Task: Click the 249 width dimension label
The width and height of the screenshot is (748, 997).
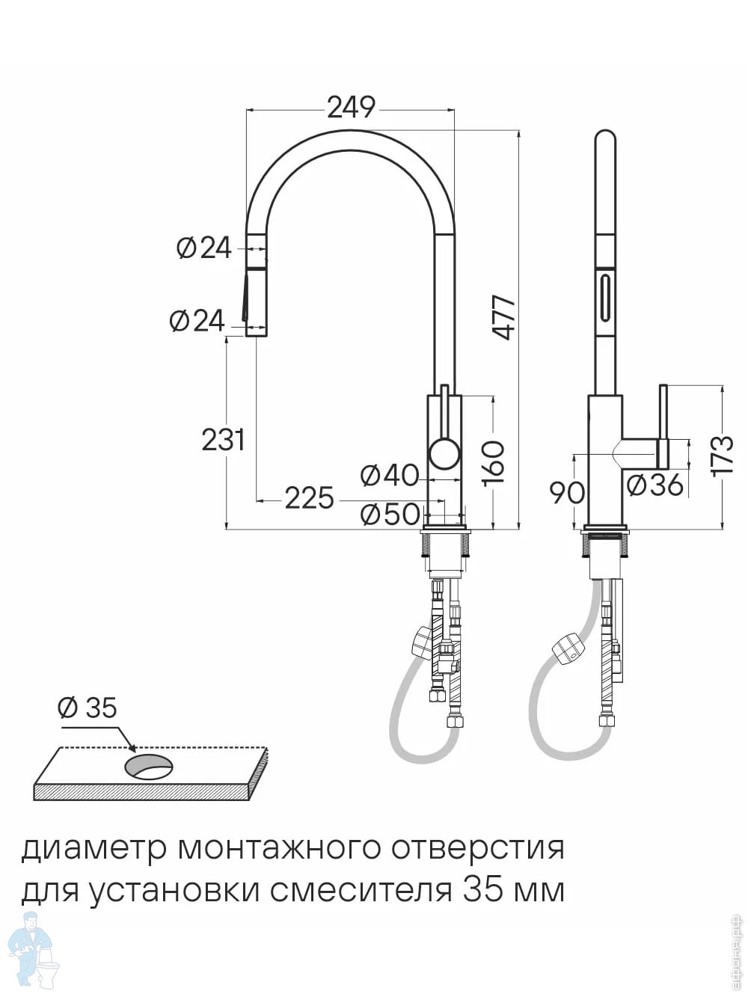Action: coord(351,108)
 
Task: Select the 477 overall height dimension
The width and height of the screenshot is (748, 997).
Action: coord(505,318)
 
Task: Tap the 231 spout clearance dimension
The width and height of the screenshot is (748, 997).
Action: coord(223,440)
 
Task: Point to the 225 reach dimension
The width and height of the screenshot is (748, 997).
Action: coord(309,497)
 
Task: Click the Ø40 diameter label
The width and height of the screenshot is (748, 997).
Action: coord(389,475)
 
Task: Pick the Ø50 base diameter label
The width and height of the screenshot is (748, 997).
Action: coord(389,514)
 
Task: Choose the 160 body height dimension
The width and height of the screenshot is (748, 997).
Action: coord(494,461)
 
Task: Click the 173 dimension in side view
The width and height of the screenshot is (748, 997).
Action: coord(723,454)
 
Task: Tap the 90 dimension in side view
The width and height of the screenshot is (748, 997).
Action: coord(566,492)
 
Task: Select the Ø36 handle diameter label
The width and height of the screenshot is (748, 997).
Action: coord(655,485)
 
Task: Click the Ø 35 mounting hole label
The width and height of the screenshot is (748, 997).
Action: coord(88,707)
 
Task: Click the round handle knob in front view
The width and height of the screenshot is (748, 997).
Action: coord(444,454)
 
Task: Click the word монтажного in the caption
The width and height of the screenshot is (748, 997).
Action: coord(276,848)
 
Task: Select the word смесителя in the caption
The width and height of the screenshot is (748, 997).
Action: coord(361,891)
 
